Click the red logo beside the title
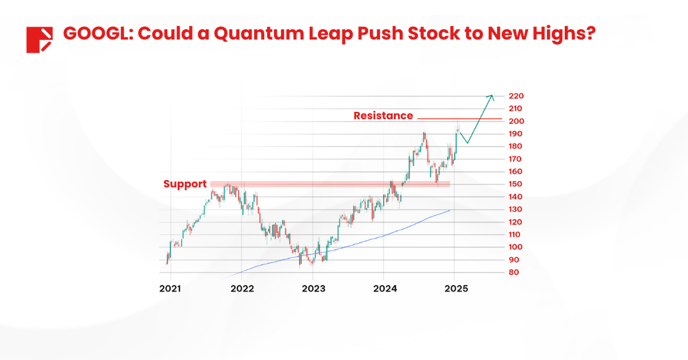pos(39,40)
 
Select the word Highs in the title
pos(556,34)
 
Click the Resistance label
pos(383,116)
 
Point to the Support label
pos(185,184)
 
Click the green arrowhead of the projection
pos(491,96)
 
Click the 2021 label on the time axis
pos(170,288)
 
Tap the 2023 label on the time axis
pos(312,288)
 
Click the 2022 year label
pos(241,288)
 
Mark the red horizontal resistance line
pos(459,119)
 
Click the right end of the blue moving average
pos(449,210)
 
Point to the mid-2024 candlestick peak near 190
pos(424,134)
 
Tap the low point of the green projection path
pos(468,143)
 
